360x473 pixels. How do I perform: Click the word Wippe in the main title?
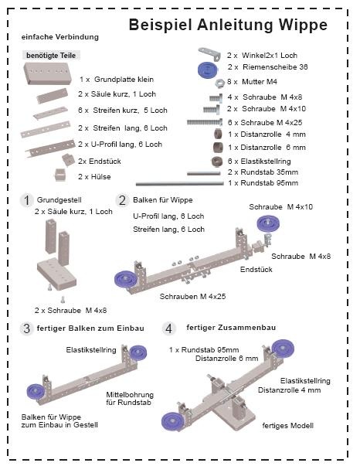(x=303, y=25)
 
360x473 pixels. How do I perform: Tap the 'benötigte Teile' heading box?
(x=51, y=55)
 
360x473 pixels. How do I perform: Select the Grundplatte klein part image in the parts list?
(x=48, y=73)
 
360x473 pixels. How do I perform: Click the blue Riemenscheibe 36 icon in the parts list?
(x=208, y=70)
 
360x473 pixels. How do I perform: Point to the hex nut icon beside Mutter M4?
(x=220, y=82)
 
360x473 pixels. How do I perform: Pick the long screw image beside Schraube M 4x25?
(x=205, y=122)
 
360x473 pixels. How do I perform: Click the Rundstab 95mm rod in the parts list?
(x=180, y=183)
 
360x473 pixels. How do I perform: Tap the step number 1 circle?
(x=27, y=201)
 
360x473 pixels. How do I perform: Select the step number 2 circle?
(x=122, y=200)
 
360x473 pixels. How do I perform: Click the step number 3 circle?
(x=27, y=328)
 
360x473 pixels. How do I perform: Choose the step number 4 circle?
(x=168, y=328)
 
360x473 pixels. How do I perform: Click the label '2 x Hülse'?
(x=94, y=177)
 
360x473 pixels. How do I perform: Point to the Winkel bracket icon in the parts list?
(x=209, y=53)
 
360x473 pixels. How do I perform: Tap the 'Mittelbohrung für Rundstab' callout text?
(x=130, y=399)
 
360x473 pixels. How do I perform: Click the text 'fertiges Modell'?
(x=287, y=426)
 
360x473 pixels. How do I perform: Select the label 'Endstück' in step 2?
(x=256, y=269)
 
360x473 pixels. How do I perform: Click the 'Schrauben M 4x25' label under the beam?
(x=192, y=297)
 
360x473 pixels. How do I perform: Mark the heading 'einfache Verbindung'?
(x=60, y=37)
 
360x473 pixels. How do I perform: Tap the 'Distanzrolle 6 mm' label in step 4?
(x=226, y=359)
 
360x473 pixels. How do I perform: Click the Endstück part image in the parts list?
(x=69, y=159)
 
